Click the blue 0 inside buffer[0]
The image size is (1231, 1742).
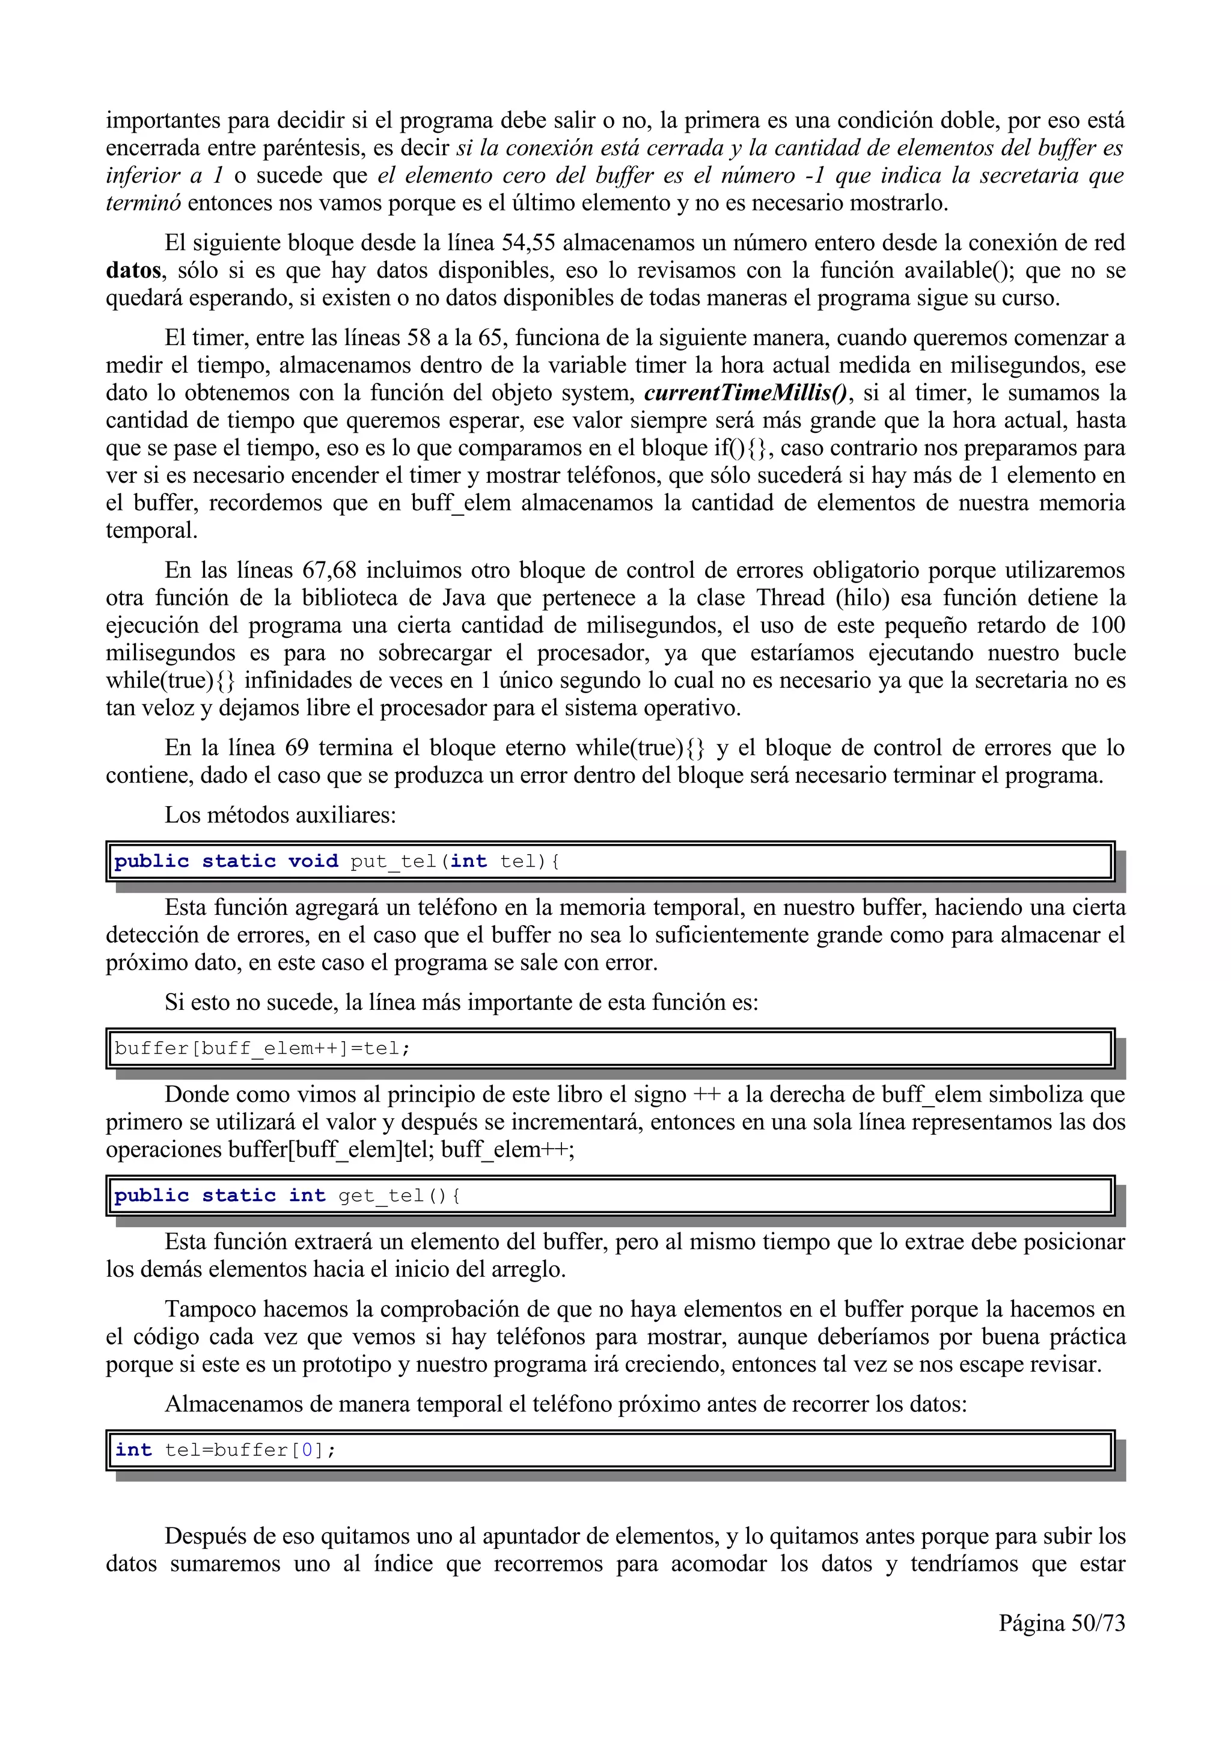[x=307, y=1450]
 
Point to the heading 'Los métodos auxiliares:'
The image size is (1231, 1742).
[x=280, y=815]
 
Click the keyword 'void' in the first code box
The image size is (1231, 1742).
[x=313, y=861]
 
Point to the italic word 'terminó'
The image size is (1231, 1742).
[x=142, y=203]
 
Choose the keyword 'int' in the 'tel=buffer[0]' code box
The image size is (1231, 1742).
[x=133, y=1450]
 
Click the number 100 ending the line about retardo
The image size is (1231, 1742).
[x=1107, y=625]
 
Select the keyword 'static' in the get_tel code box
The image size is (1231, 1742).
[x=238, y=1196]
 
